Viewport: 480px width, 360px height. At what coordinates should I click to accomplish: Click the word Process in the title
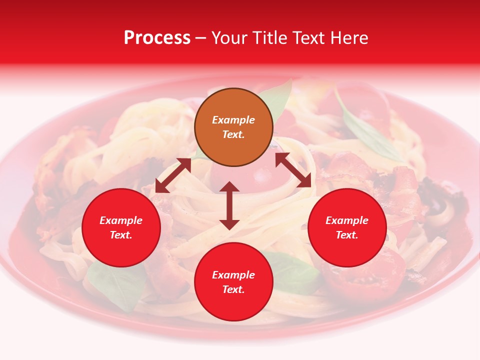pyautogui.click(x=157, y=38)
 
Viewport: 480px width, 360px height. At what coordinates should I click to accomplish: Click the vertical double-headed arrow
pyautogui.click(x=229, y=205)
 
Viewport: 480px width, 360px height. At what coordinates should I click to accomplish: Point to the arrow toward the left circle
pyautogui.click(x=173, y=175)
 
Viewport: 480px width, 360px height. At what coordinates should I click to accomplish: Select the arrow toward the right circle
pyautogui.click(x=293, y=170)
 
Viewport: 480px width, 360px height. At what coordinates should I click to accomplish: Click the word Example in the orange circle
pyautogui.click(x=233, y=120)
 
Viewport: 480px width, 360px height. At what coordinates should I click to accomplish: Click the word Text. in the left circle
pyautogui.click(x=121, y=235)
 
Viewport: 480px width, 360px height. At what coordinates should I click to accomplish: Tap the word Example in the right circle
pyautogui.click(x=347, y=220)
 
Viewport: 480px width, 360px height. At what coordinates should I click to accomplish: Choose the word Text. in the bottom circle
pyautogui.click(x=233, y=289)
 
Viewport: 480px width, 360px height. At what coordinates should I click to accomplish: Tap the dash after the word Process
pyautogui.click(x=201, y=38)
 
